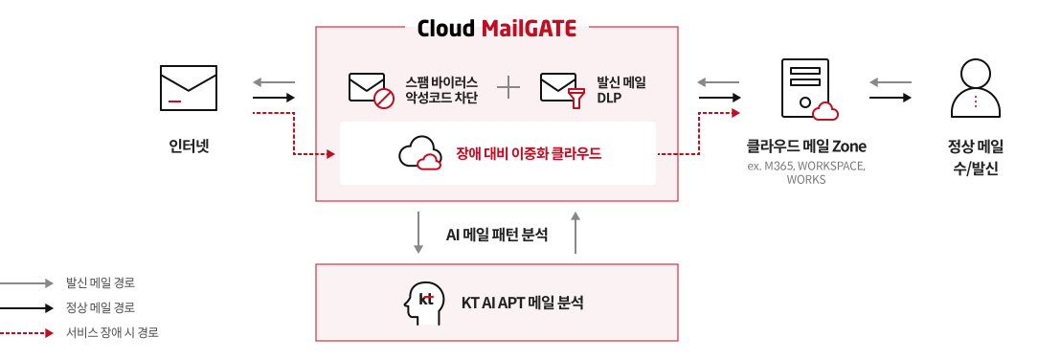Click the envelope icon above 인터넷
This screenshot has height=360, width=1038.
click(189, 88)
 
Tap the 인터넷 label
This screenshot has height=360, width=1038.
click(189, 146)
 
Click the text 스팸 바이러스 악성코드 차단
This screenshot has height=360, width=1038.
click(441, 89)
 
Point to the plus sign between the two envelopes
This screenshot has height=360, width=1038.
click(508, 87)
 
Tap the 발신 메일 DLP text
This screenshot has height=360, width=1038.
click(621, 89)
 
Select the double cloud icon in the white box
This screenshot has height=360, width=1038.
click(420, 153)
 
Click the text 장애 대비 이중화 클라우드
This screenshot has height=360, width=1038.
click(529, 153)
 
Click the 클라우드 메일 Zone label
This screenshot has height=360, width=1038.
click(806, 146)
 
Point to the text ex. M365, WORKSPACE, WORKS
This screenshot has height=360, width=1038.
click(806, 172)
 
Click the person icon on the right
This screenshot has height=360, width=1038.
click(975, 88)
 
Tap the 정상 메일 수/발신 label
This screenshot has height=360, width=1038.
click(975, 157)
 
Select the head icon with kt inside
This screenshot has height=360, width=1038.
click(425, 303)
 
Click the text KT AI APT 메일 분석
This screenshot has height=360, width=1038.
click(522, 303)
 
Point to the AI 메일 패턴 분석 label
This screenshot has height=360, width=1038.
click(497, 234)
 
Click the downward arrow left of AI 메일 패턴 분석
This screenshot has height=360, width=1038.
click(418, 233)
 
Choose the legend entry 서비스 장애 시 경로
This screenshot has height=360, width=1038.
click(112, 332)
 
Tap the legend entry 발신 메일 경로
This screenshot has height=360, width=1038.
click(100, 282)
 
